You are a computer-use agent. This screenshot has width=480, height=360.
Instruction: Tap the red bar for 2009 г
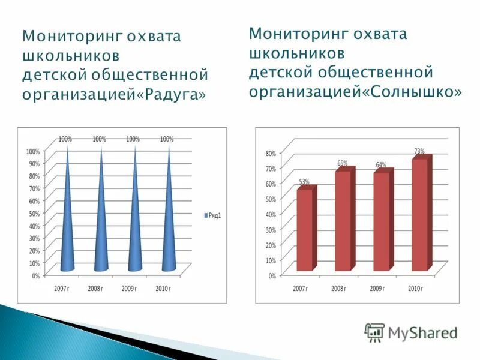click(381, 222)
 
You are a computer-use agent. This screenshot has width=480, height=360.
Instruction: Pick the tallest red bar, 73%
click(420, 215)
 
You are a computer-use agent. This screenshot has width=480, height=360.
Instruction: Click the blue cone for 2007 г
click(67, 228)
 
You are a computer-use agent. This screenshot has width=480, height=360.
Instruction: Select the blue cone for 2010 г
click(169, 228)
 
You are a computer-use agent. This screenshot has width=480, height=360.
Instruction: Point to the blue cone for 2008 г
click(101, 228)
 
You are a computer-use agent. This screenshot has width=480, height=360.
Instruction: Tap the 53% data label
click(304, 182)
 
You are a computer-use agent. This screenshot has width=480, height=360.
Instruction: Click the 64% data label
click(381, 165)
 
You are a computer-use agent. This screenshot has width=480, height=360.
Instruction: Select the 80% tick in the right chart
click(271, 154)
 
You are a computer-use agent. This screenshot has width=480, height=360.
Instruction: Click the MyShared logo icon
click(375, 332)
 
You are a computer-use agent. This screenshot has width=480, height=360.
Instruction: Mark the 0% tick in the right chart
click(272, 276)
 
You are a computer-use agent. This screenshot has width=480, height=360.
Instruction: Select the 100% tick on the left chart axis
click(32, 151)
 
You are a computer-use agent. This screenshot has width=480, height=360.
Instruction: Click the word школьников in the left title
click(71, 56)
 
